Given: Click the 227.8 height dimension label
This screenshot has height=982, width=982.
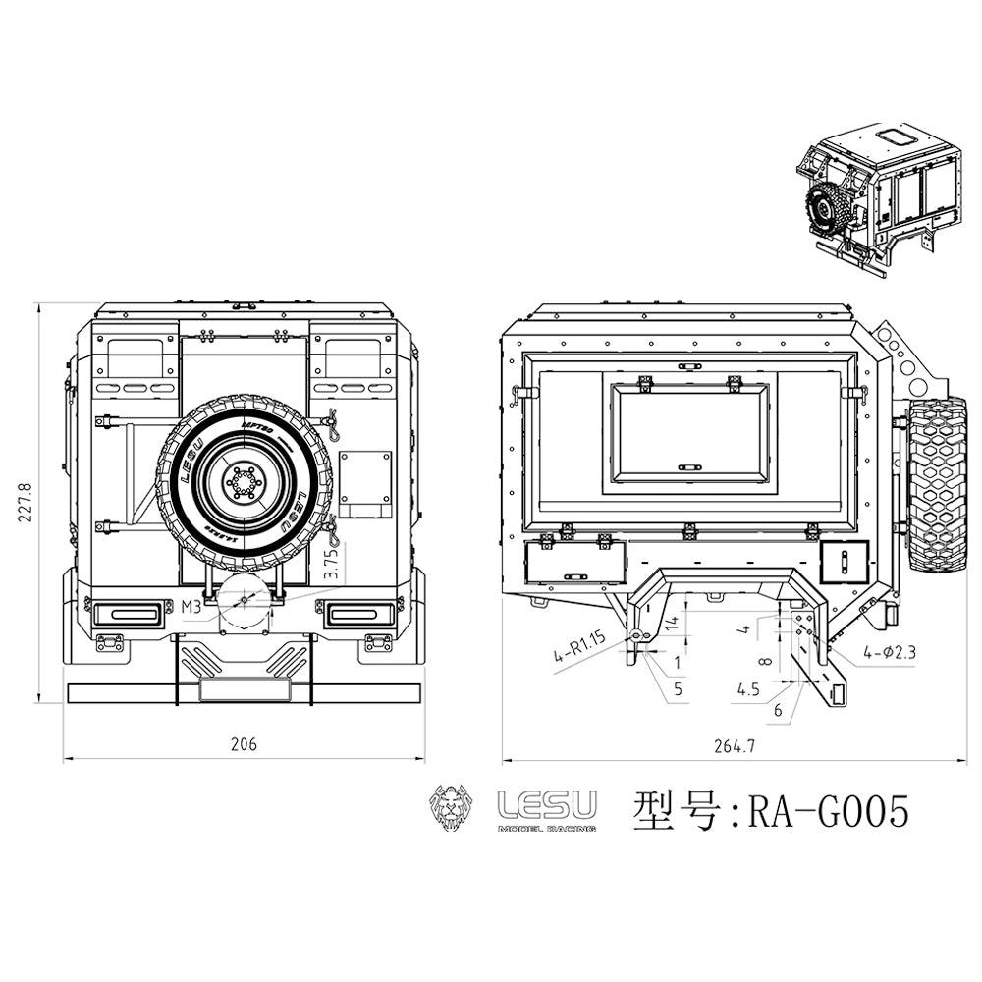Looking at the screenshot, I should pyautogui.click(x=26, y=504).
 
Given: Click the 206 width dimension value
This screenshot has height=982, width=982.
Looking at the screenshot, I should pyautogui.click(x=244, y=744).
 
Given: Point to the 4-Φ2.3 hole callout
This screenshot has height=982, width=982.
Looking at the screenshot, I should pyautogui.click(x=890, y=651).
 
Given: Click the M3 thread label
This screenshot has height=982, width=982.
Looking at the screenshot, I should pyautogui.click(x=191, y=608).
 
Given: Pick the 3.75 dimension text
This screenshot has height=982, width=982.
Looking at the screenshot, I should pyautogui.click(x=332, y=567).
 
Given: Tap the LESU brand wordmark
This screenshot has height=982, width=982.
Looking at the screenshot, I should pyautogui.click(x=547, y=806).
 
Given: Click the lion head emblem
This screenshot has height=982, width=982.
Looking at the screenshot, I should pyautogui.click(x=453, y=810).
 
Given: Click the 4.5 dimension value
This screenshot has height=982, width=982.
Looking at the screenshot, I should pyautogui.click(x=748, y=689).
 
